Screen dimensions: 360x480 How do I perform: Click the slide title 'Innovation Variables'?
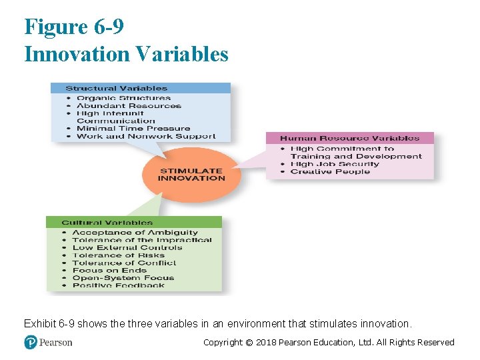click(126, 53)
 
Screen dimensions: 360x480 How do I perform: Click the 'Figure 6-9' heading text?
click(74, 27)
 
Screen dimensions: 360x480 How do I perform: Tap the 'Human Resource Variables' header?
click(349, 138)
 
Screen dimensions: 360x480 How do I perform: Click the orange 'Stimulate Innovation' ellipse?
click(191, 175)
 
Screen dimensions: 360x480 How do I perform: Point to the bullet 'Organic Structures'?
click(123, 98)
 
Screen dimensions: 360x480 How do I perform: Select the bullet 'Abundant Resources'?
click(129, 105)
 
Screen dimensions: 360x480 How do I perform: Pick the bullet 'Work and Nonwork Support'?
click(146, 136)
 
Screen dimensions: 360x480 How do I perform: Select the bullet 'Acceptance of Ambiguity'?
click(135, 233)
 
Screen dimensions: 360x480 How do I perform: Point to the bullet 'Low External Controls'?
click(127, 247)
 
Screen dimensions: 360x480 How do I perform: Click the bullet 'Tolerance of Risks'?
click(118, 255)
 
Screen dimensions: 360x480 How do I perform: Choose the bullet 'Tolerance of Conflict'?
click(124, 263)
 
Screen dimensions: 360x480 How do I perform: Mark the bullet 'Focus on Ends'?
click(109, 270)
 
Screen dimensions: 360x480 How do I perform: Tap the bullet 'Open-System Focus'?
click(123, 278)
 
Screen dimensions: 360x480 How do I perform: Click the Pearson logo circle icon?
click(31, 342)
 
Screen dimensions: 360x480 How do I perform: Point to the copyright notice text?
click(328, 342)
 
